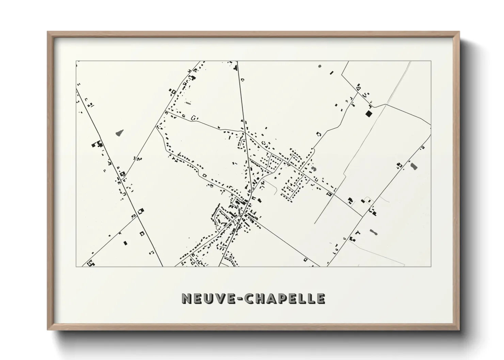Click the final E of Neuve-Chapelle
320,298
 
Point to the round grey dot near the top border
319,66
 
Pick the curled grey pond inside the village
313,168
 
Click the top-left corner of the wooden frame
48,32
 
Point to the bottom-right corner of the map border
431,266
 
